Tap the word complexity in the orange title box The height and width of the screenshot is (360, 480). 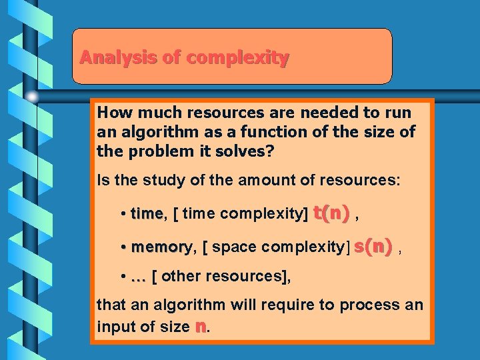(x=238, y=59)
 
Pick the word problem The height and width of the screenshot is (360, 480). (x=153, y=151)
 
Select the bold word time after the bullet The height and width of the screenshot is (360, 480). (x=147, y=214)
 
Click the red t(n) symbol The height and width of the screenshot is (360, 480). (x=331, y=213)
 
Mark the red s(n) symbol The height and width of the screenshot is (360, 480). (x=373, y=246)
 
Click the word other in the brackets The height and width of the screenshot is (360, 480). (x=180, y=276)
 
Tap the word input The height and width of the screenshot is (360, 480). (x=114, y=327)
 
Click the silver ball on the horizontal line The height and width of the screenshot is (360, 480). (x=32, y=97)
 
